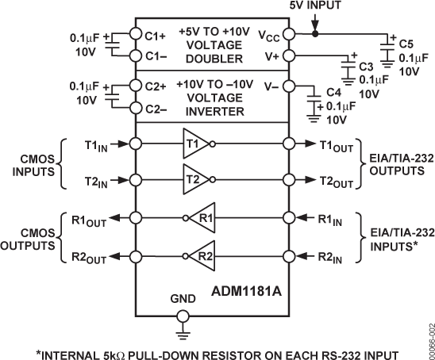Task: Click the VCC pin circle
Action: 288,35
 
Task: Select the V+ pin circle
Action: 288,56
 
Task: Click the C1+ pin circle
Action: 137,35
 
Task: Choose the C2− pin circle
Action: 137,107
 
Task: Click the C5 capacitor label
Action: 404,41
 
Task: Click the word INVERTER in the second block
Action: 212,111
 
